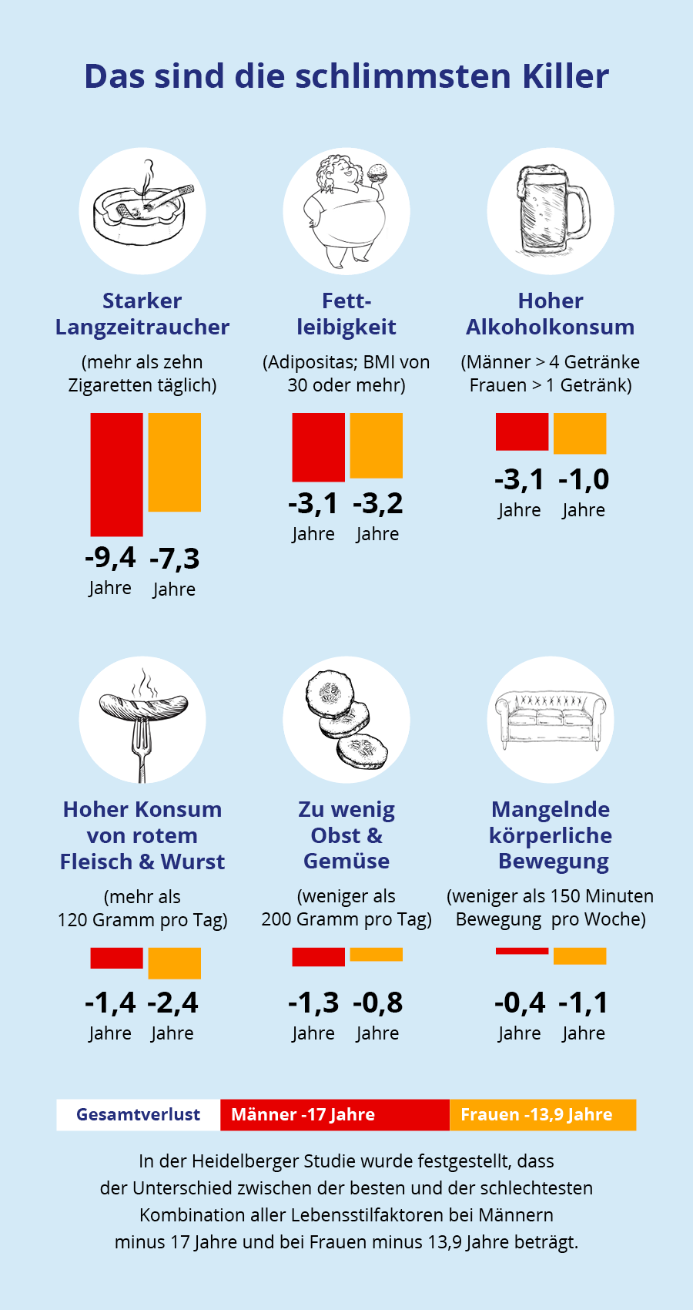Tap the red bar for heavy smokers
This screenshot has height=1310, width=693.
(116, 474)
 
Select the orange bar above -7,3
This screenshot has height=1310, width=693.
(174, 462)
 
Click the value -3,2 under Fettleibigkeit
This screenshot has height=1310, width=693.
(377, 504)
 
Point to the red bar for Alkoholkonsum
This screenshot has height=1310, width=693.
(522, 432)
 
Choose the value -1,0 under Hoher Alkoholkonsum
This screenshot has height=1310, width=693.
(584, 479)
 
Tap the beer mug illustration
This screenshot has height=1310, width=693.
(550, 210)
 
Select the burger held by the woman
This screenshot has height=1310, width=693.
(377, 173)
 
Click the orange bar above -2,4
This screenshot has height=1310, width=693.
(174, 963)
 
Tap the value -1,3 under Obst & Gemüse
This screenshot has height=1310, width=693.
(313, 1003)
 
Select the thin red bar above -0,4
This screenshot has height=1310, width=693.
(522, 951)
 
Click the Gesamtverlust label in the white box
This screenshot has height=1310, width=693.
(138, 1114)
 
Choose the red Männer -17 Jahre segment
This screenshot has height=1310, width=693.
(334, 1114)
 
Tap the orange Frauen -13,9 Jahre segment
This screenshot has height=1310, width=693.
(542, 1114)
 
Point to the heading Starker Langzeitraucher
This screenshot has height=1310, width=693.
(142, 314)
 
